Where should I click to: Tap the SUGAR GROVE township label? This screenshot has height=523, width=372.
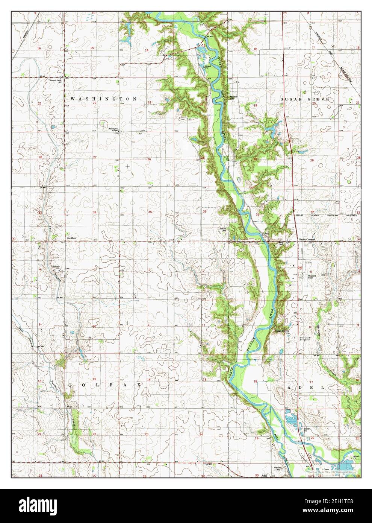point(305,99)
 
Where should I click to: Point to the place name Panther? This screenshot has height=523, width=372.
point(71,238)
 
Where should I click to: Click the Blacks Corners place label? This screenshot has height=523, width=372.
point(306,240)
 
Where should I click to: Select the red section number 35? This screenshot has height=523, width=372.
point(150,212)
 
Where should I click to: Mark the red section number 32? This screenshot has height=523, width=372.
point(312,212)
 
